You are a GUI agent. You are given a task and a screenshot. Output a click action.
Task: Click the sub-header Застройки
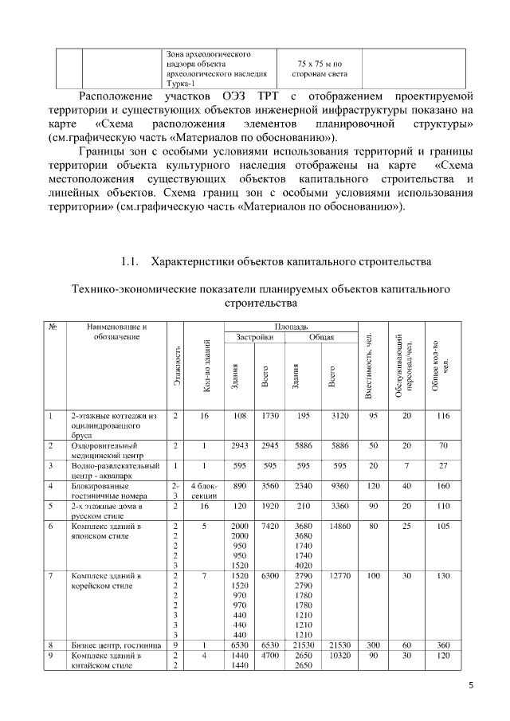pyautogui.click(x=255, y=338)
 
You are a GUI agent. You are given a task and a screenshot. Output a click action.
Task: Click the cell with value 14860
pyautogui.click(x=340, y=527)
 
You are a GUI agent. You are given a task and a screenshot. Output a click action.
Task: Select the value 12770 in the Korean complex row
pyautogui.click(x=340, y=575)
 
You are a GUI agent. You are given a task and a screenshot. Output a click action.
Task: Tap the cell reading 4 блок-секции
pyautogui.click(x=204, y=489)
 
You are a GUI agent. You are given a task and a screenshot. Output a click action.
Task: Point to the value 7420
pyautogui.click(x=269, y=527)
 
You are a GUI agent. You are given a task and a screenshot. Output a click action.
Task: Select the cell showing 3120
pyautogui.click(x=340, y=416)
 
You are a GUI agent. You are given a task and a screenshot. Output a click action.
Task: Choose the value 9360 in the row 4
pyautogui.click(x=340, y=484)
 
